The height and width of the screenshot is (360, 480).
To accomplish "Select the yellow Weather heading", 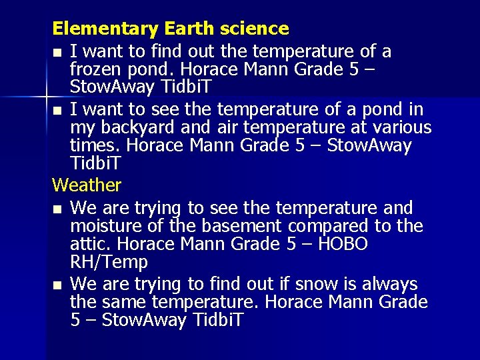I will point(87,185).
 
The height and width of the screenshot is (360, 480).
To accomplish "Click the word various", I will point(400,127).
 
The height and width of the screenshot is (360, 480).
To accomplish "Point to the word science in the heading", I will point(257,29).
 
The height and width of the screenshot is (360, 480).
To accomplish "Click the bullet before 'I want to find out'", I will point(57,52).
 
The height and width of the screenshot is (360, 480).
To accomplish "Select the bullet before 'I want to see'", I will point(57,110).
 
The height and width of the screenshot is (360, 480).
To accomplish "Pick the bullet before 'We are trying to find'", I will point(57,285).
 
